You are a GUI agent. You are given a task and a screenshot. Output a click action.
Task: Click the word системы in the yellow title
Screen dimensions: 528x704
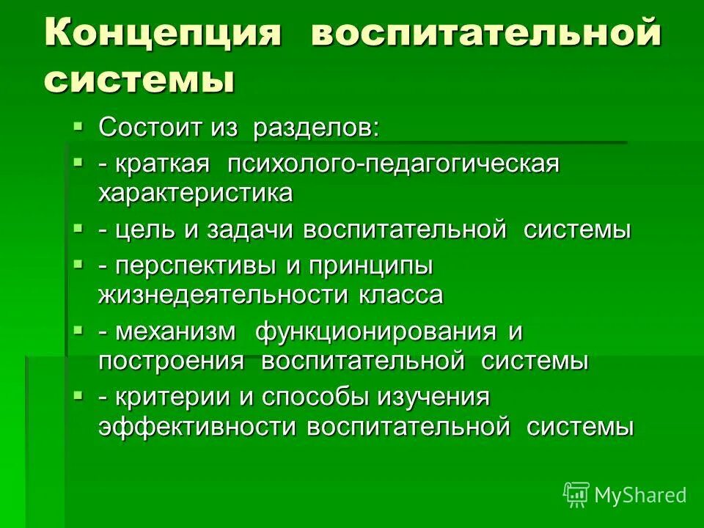(139, 79)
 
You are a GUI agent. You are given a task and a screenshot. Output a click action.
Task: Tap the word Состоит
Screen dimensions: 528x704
(147, 128)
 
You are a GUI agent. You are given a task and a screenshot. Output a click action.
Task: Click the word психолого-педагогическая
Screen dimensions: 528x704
(393, 164)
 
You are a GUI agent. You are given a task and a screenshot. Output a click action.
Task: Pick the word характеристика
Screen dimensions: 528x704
(196, 193)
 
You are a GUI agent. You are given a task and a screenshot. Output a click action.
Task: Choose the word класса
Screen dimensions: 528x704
(401, 295)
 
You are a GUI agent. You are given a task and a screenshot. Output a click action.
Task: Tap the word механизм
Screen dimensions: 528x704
(175, 331)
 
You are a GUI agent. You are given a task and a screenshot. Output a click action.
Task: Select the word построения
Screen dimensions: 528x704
(171, 361)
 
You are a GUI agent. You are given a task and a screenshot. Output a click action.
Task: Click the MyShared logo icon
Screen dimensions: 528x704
(576, 494)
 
